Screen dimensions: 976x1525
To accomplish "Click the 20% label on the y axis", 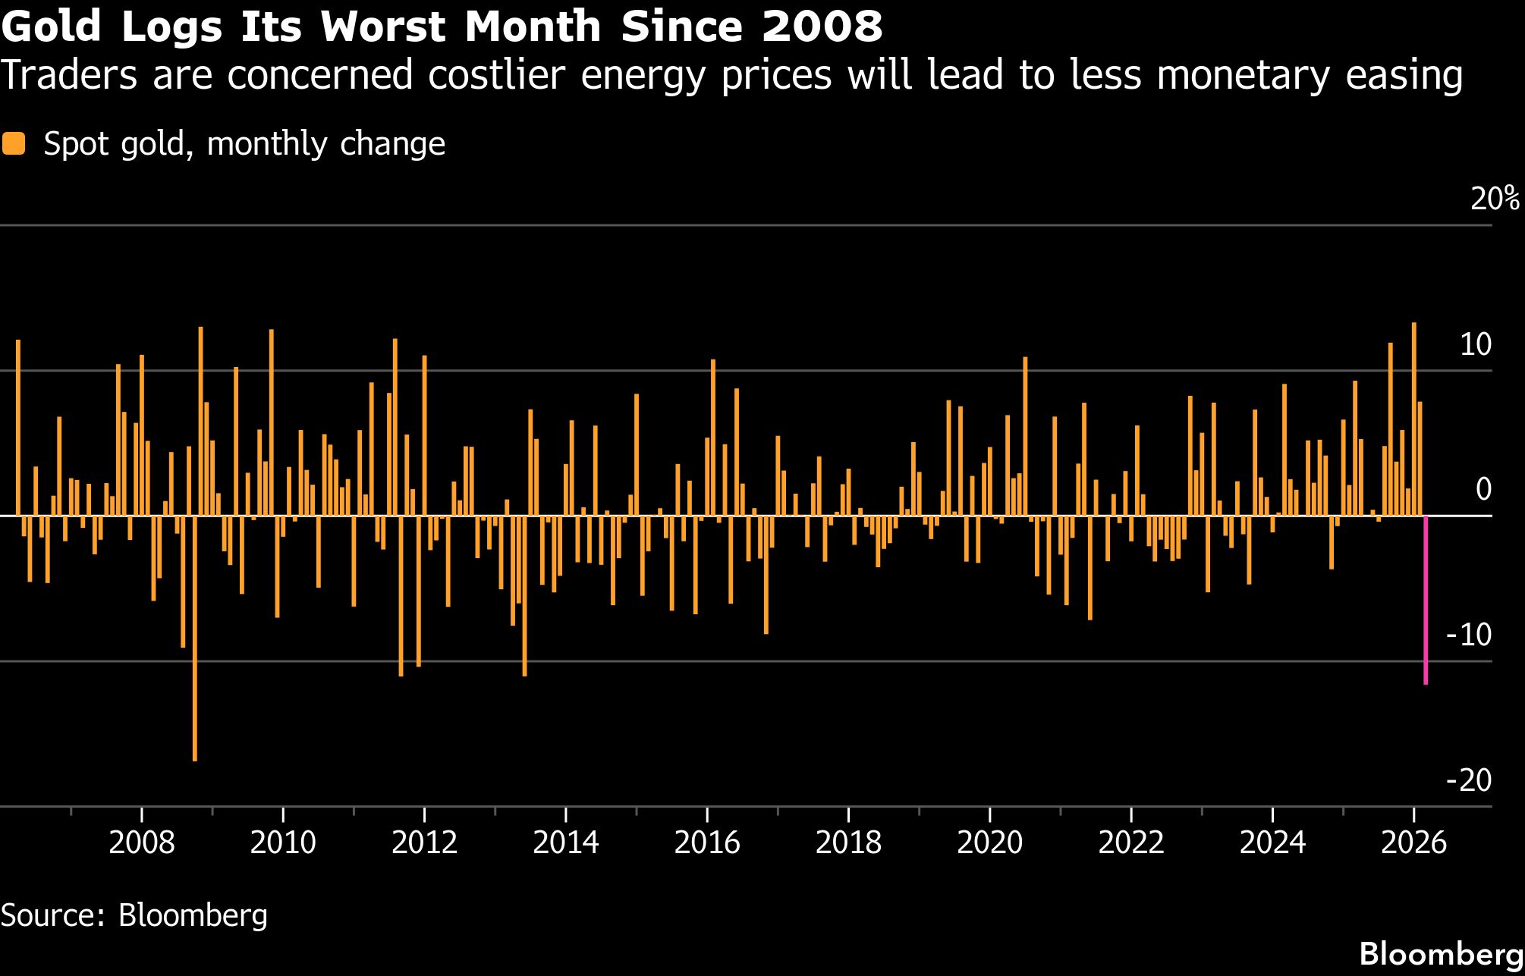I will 1495,199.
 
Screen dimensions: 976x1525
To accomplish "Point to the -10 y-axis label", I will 1469,635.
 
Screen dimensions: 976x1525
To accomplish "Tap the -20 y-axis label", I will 1469,780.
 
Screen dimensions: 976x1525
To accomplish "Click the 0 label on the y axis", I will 1483,489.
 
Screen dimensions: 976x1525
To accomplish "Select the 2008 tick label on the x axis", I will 141,843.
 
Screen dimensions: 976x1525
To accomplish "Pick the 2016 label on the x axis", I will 706,843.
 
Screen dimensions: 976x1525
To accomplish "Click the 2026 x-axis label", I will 1413,843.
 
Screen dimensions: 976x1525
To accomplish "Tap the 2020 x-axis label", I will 989,843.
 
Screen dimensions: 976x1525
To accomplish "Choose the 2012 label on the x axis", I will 424,843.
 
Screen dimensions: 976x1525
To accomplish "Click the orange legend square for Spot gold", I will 14,143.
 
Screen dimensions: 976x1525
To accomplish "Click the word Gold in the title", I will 52,27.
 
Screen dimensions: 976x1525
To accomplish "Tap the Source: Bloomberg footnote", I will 134,915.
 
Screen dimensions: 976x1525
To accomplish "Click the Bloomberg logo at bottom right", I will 1441,953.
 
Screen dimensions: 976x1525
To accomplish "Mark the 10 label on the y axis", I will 1476,344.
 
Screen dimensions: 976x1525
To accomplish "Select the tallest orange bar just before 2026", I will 1414,419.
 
